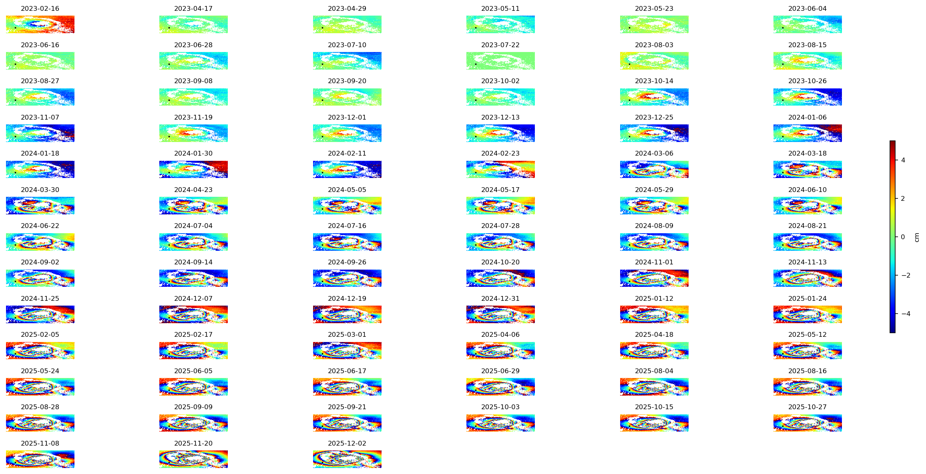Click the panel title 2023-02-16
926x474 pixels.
(40, 8)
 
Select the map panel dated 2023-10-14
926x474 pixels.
(654, 97)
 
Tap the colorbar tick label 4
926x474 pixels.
(903, 160)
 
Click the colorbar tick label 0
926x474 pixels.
(903, 237)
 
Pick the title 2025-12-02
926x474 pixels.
(347, 443)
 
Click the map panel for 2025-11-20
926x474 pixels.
(193, 459)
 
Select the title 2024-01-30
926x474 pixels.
(193, 153)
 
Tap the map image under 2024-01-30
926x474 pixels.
(193, 169)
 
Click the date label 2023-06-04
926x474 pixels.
(807, 8)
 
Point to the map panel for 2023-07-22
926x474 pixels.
(500, 61)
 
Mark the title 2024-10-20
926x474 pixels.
(500, 262)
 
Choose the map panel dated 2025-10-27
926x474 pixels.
(807, 423)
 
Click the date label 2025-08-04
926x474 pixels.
(654, 371)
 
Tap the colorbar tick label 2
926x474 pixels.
(903, 198)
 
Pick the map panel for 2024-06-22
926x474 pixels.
(40, 242)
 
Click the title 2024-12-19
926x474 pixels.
(347, 298)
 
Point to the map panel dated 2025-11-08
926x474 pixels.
(40, 459)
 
